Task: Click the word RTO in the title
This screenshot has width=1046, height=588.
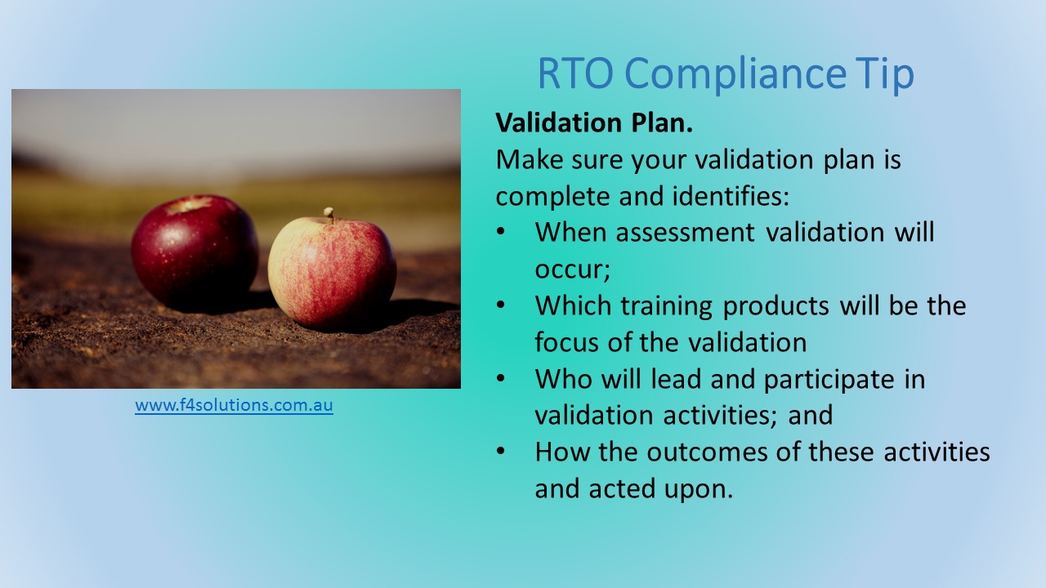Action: click(x=575, y=73)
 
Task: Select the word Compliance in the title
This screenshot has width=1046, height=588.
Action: click(x=735, y=74)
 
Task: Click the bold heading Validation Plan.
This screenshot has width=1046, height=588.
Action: click(x=594, y=122)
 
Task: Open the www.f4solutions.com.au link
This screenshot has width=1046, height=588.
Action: click(x=234, y=404)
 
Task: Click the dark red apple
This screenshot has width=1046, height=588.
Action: click(x=195, y=251)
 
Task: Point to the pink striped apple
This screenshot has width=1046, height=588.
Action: click(x=333, y=273)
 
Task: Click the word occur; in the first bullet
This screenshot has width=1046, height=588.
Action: click(x=573, y=270)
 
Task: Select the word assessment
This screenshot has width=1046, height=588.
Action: click(x=685, y=233)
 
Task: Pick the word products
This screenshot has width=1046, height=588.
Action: click(x=776, y=306)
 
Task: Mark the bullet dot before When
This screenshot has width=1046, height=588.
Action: click(x=501, y=232)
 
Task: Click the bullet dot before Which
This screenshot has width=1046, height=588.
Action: click(x=501, y=305)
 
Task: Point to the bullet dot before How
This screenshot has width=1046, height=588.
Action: click(x=501, y=452)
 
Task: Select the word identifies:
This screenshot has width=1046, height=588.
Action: click(x=731, y=196)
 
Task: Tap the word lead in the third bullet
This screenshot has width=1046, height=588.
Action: click(x=676, y=378)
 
